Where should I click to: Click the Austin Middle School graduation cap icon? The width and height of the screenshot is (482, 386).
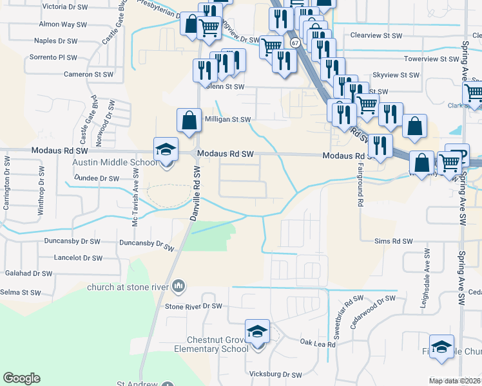point(166,150)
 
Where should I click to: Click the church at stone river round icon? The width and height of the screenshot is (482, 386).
point(179,286)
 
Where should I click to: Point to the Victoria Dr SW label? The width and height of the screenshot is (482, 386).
point(64,6)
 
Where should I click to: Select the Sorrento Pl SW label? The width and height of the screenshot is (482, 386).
point(53,57)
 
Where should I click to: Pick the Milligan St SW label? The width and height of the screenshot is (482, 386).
point(227,119)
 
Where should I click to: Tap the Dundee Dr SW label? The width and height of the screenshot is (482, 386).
point(97,178)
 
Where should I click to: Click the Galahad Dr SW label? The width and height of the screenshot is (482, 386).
point(28,273)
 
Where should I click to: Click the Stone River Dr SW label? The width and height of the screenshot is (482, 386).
point(193,306)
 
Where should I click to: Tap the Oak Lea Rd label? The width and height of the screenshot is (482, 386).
point(318,344)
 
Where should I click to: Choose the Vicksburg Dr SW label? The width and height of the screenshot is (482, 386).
point(275,374)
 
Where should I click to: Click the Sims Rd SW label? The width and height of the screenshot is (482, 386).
point(394,241)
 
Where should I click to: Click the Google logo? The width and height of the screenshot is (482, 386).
point(21,378)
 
